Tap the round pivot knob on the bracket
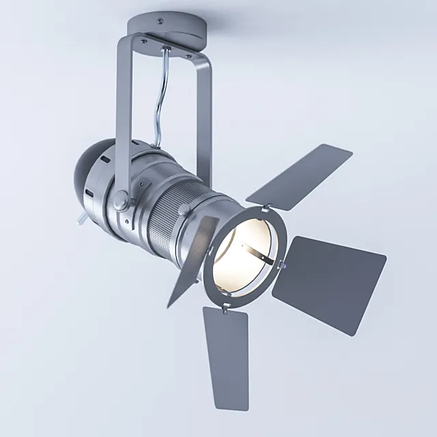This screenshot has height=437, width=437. tap(119, 200)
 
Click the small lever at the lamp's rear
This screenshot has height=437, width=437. tap(81, 218)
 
